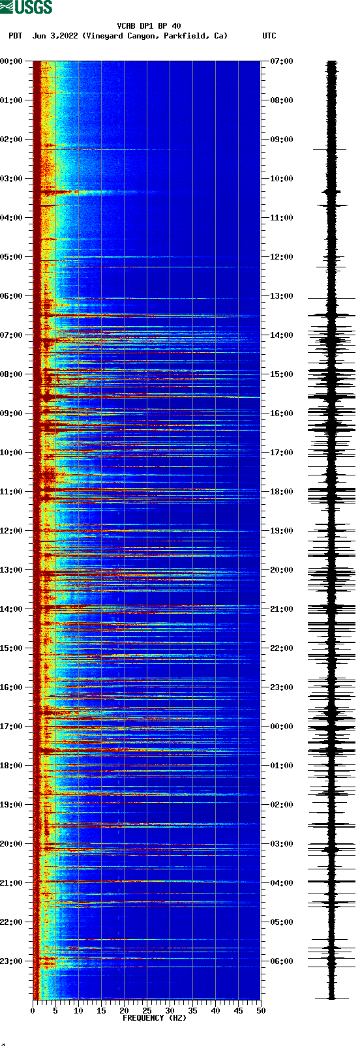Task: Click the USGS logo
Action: [26, 7]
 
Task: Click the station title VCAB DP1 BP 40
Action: [149, 26]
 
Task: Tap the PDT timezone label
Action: [15, 36]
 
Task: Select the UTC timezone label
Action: [269, 36]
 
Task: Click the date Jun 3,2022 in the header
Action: [55, 36]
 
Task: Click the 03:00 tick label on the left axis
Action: [11, 179]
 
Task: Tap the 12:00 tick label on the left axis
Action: [11, 531]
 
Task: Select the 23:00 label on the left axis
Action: [11, 961]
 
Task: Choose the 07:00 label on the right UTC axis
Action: [282, 61]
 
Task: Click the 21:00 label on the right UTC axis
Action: [282, 609]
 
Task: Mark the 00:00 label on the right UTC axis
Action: [282, 727]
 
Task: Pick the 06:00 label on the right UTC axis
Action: [282, 961]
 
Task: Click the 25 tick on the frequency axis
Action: [147, 1011]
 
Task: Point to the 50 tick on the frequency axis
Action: [261, 1011]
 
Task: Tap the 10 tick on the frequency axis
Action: [78, 1011]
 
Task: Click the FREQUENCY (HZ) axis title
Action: [155, 1018]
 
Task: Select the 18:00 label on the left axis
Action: [11, 766]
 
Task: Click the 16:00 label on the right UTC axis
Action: [282, 413]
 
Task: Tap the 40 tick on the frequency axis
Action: [215, 1011]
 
